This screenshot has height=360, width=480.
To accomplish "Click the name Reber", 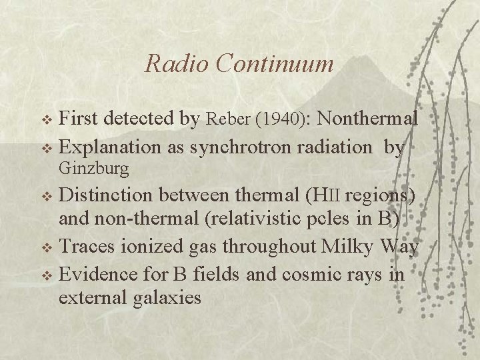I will (226, 120).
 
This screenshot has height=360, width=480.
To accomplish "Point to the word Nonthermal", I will (369, 119).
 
